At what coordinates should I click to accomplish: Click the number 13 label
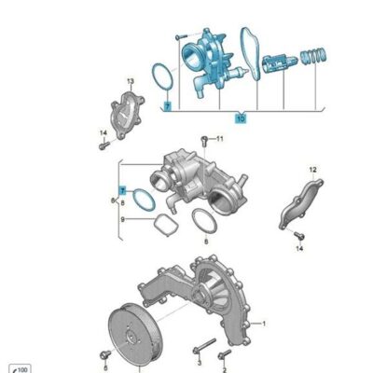[131, 82]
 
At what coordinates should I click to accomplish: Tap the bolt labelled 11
[202, 142]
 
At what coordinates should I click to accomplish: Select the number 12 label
[312, 169]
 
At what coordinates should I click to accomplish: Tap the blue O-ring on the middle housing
[142, 199]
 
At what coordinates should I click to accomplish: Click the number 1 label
[264, 324]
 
